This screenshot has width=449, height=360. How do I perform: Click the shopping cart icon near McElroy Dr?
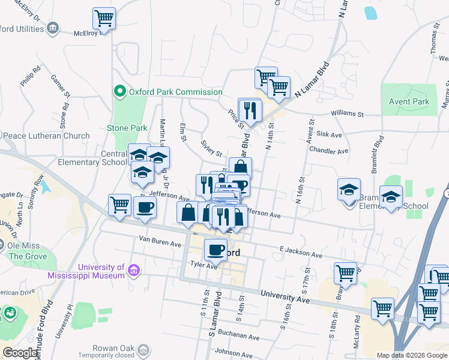pyautogui.click(x=104, y=18)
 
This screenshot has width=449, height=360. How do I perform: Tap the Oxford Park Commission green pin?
pyautogui.click(x=119, y=92)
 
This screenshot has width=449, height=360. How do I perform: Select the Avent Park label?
pyautogui.click(x=409, y=101)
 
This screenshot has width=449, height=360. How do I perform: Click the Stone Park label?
pyautogui.click(x=127, y=128)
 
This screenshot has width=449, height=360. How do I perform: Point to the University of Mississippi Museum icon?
pyautogui.click(x=134, y=272)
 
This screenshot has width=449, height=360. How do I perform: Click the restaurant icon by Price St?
pyautogui.click(x=250, y=109)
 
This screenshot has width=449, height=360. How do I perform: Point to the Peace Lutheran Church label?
pyautogui.click(x=46, y=136)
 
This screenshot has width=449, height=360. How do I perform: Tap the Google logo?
pyautogui.click(x=20, y=353)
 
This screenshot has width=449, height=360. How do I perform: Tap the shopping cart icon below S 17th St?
pyautogui.click(x=345, y=273)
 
